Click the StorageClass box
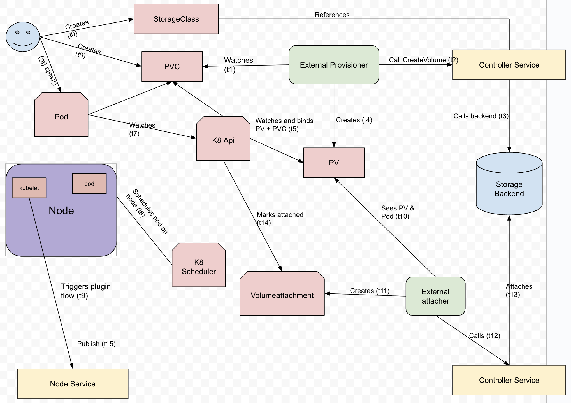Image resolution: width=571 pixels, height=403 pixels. click(x=176, y=19)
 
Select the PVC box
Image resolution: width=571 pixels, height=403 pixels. click(x=172, y=66)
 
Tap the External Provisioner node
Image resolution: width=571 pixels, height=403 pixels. click(x=334, y=65)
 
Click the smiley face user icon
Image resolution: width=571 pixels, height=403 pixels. click(x=23, y=37)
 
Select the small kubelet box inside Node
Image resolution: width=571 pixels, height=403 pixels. click(x=29, y=188)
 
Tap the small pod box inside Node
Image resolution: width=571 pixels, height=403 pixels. click(x=89, y=184)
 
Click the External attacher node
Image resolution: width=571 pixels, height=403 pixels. click(x=435, y=296)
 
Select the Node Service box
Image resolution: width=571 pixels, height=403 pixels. click(x=73, y=384)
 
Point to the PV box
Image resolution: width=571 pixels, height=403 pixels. click(x=334, y=163)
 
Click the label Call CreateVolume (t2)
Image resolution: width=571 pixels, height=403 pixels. click(x=423, y=60)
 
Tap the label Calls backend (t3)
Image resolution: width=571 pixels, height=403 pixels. click(x=481, y=116)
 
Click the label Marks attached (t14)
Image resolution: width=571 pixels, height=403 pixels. click(x=280, y=219)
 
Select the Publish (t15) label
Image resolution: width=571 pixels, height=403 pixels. click(x=96, y=344)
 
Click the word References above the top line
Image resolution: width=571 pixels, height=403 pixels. click(x=332, y=15)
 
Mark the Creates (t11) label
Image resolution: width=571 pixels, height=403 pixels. click(x=370, y=291)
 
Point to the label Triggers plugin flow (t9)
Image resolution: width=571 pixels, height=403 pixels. click(x=85, y=291)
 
